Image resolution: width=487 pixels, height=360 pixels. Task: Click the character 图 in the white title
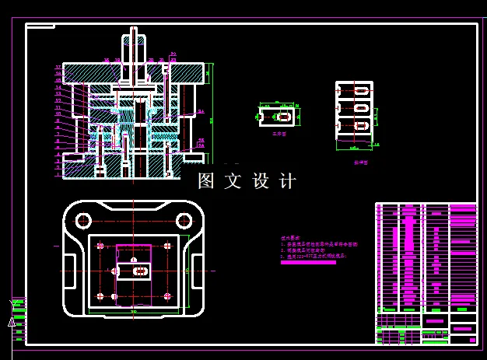pyautogui.click(x=206, y=181)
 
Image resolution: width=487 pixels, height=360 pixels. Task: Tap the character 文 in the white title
pyautogui.click(x=233, y=181)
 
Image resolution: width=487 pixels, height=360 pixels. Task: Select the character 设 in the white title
pyautogui.click(x=260, y=181)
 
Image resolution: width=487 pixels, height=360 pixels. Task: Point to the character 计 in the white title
pyautogui.click(x=287, y=181)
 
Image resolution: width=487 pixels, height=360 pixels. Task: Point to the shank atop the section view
pyautogui.click(x=134, y=47)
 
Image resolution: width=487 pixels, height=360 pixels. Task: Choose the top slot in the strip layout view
pyautogui.click(x=362, y=90)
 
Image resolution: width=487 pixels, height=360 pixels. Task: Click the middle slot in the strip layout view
pyautogui.click(x=362, y=107)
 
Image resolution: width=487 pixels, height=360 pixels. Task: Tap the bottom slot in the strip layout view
pyautogui.click(x=362, y=125)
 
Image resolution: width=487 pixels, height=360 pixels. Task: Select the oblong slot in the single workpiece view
pyautogui.click(x=284, y=117)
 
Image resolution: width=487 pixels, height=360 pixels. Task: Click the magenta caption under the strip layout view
pyautogui.click(x=360, y=163)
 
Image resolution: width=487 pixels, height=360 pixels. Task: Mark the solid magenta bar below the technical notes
pyautogui.click(x=308, y=262)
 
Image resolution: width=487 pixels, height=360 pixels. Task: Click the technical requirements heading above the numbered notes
pyautogui.click(x=289, y=237)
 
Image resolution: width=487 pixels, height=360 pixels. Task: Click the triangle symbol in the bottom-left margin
pyautogui.click(x=12, y=321)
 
